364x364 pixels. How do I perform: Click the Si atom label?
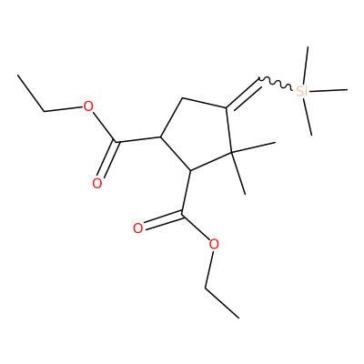(302, 91)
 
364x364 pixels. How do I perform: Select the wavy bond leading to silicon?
(276, 84)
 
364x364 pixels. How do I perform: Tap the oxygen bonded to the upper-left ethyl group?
(88, 106)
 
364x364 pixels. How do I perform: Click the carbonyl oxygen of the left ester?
(97, 183)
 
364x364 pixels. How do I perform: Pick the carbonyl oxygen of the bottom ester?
(138, 228)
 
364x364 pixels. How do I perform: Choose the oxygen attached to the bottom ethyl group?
(214, 244)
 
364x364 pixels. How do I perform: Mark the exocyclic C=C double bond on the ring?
(244, 95)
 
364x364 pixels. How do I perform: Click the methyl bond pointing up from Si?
(306, 66)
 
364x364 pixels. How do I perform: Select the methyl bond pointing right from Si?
(329, 90)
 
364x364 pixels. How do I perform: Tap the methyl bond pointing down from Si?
(308, 116)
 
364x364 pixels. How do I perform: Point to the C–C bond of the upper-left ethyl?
(31, 93)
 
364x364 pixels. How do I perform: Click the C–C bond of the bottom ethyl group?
(222, 302)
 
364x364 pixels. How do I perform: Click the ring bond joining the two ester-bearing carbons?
(175, 154)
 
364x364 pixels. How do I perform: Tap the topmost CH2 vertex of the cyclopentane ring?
(182, 98)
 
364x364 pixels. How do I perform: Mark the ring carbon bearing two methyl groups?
(231, 152)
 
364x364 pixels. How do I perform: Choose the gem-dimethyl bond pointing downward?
(238, 173)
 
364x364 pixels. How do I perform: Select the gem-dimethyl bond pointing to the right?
(253, 147)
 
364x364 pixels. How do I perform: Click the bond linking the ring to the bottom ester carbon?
(186, 193)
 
